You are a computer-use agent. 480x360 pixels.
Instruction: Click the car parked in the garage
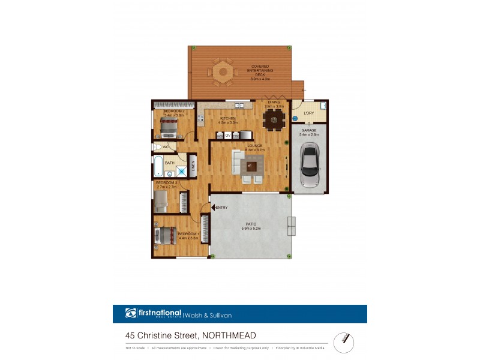309,166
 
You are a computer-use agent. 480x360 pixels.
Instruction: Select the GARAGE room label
309,130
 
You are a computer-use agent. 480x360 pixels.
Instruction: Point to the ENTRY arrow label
220,208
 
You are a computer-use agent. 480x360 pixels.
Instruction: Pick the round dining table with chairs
275,121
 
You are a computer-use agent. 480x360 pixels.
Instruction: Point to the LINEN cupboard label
194,167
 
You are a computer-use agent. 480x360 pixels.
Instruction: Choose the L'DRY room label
309,113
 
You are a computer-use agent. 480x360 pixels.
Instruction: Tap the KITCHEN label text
229,119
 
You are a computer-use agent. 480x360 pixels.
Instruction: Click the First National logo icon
131,313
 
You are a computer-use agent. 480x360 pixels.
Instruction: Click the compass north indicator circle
343,340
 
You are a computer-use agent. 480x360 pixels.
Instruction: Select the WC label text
166,146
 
